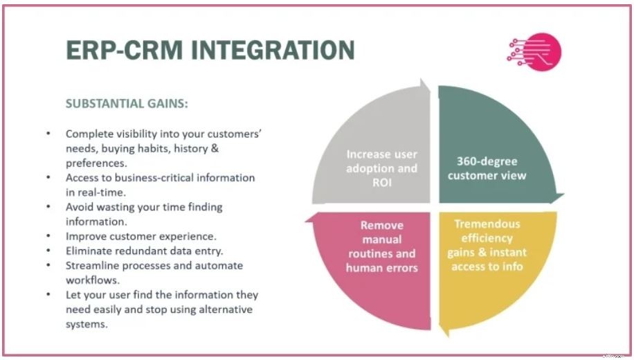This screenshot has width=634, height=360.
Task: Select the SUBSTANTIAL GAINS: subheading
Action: pyautogui.click(x=127, y=104)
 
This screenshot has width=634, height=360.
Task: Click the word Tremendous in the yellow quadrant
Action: pyautogui.click(x=487, y=224)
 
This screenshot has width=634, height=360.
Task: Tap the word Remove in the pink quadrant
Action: pyautogui.click(x=382, y=226)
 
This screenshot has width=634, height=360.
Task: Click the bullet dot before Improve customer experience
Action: pyautogui.click(x=48, y=236)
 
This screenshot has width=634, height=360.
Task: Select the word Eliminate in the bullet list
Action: pyautogui.click(x=90, y=251)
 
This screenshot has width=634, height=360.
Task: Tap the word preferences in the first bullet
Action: pyautogui.click(x=95, y=163)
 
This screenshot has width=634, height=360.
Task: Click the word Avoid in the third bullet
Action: pyautogui.click(x=79, y=207)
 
